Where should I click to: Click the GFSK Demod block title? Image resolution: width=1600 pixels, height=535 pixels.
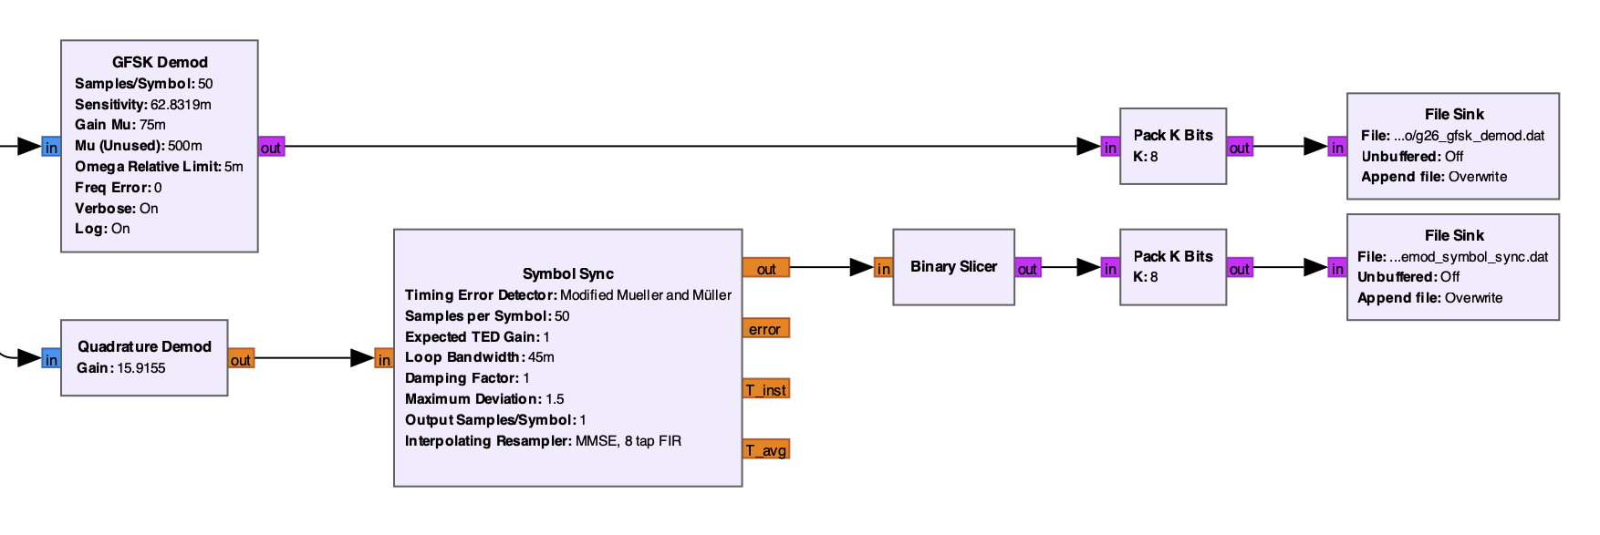pos(160,62)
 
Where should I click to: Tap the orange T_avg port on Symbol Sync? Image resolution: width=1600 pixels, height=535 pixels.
pos(765,449)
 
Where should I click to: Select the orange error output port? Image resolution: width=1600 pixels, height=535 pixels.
pos(765,329)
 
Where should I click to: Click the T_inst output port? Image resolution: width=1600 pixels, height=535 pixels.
pos(765,389)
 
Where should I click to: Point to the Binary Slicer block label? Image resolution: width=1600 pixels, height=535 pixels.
pos(953,266)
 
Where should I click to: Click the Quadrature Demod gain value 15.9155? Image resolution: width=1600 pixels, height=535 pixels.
pos(141,368)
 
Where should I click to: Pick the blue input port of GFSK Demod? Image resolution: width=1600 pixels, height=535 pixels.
pos(51,147)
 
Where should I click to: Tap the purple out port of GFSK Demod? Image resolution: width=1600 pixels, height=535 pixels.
pos(271,147)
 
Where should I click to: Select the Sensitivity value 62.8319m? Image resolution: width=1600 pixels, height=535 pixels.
pos(181,105)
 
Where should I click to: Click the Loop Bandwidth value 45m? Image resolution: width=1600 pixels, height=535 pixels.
pos(541,357)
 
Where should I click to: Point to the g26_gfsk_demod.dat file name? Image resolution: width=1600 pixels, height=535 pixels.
pos(1469,136)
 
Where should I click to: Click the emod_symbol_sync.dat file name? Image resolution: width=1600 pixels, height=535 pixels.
pos(1468,257)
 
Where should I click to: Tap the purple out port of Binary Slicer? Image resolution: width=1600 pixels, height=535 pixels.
pos(1027,268)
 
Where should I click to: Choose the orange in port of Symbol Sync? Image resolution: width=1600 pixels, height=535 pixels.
pos(384,359)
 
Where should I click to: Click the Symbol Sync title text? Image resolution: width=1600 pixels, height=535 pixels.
pos(567,273)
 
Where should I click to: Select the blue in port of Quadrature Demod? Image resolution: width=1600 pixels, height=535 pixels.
pos(51,359)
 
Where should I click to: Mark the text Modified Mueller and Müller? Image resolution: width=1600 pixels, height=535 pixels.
pos(645,295)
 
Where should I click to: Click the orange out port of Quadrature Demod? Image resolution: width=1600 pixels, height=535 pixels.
pos(241,359)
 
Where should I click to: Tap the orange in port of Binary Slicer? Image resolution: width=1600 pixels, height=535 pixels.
pos(883,268)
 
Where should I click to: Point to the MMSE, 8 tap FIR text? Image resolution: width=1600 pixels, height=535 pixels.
pos(628,441)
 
